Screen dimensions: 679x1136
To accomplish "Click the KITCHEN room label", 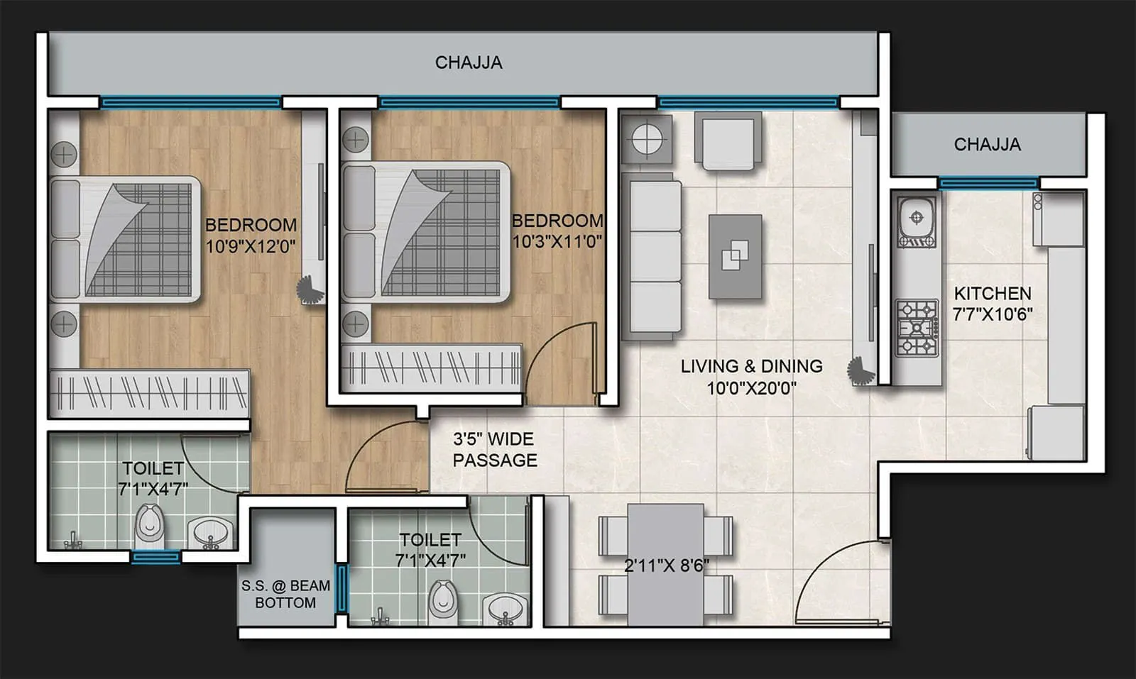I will [x=992, y=293].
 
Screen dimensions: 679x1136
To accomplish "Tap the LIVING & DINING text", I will [x=751, y=366].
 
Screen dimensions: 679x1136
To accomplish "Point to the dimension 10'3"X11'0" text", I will [x=557, y=241].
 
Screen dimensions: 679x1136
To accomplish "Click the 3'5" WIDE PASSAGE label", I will [x=495, y=449].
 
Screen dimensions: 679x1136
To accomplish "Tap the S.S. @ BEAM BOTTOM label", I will [x=285, y=594].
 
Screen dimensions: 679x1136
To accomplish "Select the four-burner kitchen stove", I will [x=917, y=328].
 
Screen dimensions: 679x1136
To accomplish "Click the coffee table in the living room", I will [x=735, y=256].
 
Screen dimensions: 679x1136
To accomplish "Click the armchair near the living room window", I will [x=728, y=141].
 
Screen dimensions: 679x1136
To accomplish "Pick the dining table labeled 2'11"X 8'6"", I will [x=665, y=565].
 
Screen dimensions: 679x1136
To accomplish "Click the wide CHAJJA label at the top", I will [x=468, y=62].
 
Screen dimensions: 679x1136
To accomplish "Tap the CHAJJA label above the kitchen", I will [x=987, y=145].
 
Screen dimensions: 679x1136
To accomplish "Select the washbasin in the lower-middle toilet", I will [x=505, y=609].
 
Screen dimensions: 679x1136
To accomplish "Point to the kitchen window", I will [x=988, y=183].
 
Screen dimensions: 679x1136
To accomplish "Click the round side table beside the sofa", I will [x=647, y=140].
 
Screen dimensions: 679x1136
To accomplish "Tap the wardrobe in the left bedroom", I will [x=148, y=392].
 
